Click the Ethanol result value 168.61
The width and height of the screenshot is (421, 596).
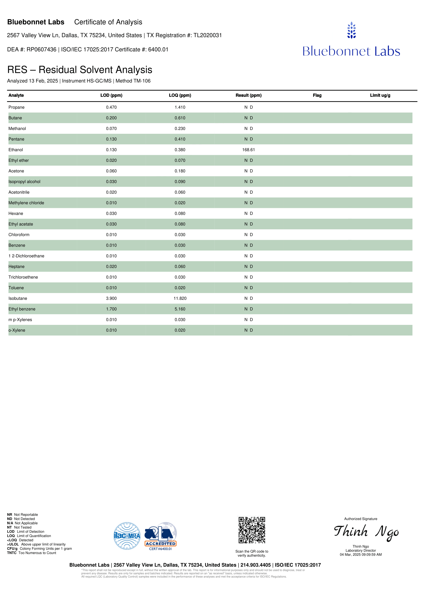[x=248, y=150]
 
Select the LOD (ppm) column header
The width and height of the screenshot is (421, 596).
[x=111, y=95]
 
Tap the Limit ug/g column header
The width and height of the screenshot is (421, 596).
[x=380, y=95]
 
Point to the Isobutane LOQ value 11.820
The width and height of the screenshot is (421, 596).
[x=180, y=298]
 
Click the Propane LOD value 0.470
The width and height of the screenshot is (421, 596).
[x=111, y=107]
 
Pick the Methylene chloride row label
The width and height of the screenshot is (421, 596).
[x=26, y=203]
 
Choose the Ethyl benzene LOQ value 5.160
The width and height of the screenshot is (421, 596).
[x=180, y=309]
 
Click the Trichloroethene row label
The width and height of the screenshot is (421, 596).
[x=23, y=277]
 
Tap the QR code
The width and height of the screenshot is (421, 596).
[x=252, y=530]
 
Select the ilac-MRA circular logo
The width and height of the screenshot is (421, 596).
[x=127, y=536]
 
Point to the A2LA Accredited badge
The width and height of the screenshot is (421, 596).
[x=161, y=536]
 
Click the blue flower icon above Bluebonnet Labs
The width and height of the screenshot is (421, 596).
[x=351, y=30]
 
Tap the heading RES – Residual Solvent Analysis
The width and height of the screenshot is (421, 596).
[x=80, y=70]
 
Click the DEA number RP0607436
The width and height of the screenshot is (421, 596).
[x=41, y=49]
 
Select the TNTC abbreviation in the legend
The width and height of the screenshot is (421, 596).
[x=12, y=553]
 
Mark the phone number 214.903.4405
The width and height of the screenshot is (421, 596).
[x=255, y=565]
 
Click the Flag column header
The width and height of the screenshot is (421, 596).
[x=317, y=95]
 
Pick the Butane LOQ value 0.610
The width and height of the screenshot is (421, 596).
[x=180, y=118]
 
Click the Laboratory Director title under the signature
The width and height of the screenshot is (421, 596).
[x=360, y=550]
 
